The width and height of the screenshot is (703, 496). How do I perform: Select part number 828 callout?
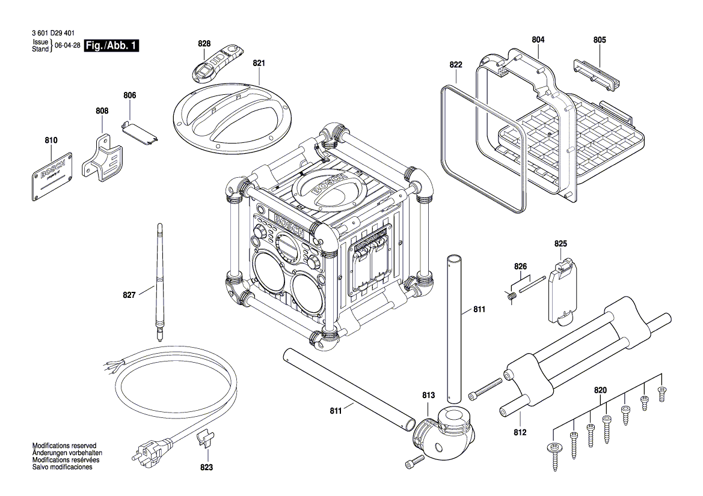[204, 44]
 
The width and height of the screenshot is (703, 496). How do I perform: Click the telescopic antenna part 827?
[161, 282]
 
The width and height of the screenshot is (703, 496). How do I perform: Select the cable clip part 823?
[206, 439]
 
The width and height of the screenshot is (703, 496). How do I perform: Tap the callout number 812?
[521, 432]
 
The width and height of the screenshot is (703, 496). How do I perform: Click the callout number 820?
[600, 390]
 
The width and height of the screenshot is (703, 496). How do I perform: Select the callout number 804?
[538, 40]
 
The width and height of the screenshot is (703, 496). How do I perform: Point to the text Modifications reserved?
[64, 446]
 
